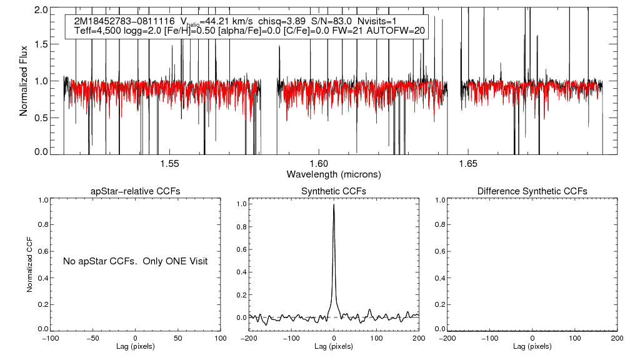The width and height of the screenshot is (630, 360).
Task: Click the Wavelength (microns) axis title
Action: [333, 174]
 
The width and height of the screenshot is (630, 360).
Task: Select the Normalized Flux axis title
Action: [24, 79]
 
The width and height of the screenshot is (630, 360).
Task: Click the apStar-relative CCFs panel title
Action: [136, 191]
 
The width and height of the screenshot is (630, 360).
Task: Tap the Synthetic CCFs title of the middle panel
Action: [334, 191]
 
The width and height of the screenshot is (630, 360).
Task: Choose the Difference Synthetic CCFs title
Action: [532, 191]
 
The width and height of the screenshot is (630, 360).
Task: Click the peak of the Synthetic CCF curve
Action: [334, 204]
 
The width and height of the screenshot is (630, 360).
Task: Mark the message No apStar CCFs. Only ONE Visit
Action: [135, 261]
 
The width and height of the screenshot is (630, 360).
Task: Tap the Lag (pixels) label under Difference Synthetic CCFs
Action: [532, 346]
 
